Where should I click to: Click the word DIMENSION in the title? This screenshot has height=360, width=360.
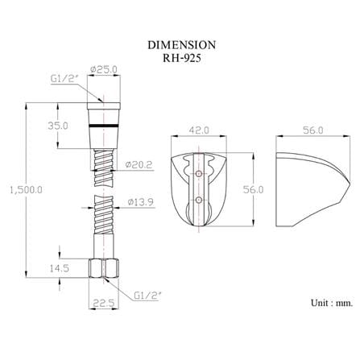point(181,45)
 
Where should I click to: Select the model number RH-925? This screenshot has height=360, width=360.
point(181,58)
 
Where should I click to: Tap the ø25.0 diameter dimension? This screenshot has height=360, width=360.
point(104,69)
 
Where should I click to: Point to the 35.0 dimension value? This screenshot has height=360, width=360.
point(58,126)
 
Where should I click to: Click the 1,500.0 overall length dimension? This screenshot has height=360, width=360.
point(26,190)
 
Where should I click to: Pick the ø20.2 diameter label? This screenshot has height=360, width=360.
point(139,164)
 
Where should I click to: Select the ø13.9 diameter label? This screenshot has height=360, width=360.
point(140,202)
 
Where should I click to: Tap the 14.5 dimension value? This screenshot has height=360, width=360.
point(60,268)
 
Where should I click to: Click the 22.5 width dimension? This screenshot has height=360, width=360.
point(104,303)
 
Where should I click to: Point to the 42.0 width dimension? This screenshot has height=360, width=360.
point(199,130)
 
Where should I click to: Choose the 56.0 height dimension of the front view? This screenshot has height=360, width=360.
point(254,189)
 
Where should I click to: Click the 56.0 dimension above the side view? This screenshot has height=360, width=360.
point(313,130)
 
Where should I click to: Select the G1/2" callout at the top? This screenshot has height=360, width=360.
point(64,79)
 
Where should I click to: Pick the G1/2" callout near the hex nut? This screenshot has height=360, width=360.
point(147,296)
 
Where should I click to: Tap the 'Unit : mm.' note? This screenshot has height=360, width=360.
point(332,303)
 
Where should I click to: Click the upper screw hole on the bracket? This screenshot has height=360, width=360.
point(199,174)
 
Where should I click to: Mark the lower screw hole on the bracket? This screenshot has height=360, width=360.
point(199,200)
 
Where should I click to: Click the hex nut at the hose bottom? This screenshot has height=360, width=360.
point(104,268)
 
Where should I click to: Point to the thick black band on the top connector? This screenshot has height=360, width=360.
point(104,126)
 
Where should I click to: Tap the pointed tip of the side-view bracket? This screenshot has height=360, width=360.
point(350,184)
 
